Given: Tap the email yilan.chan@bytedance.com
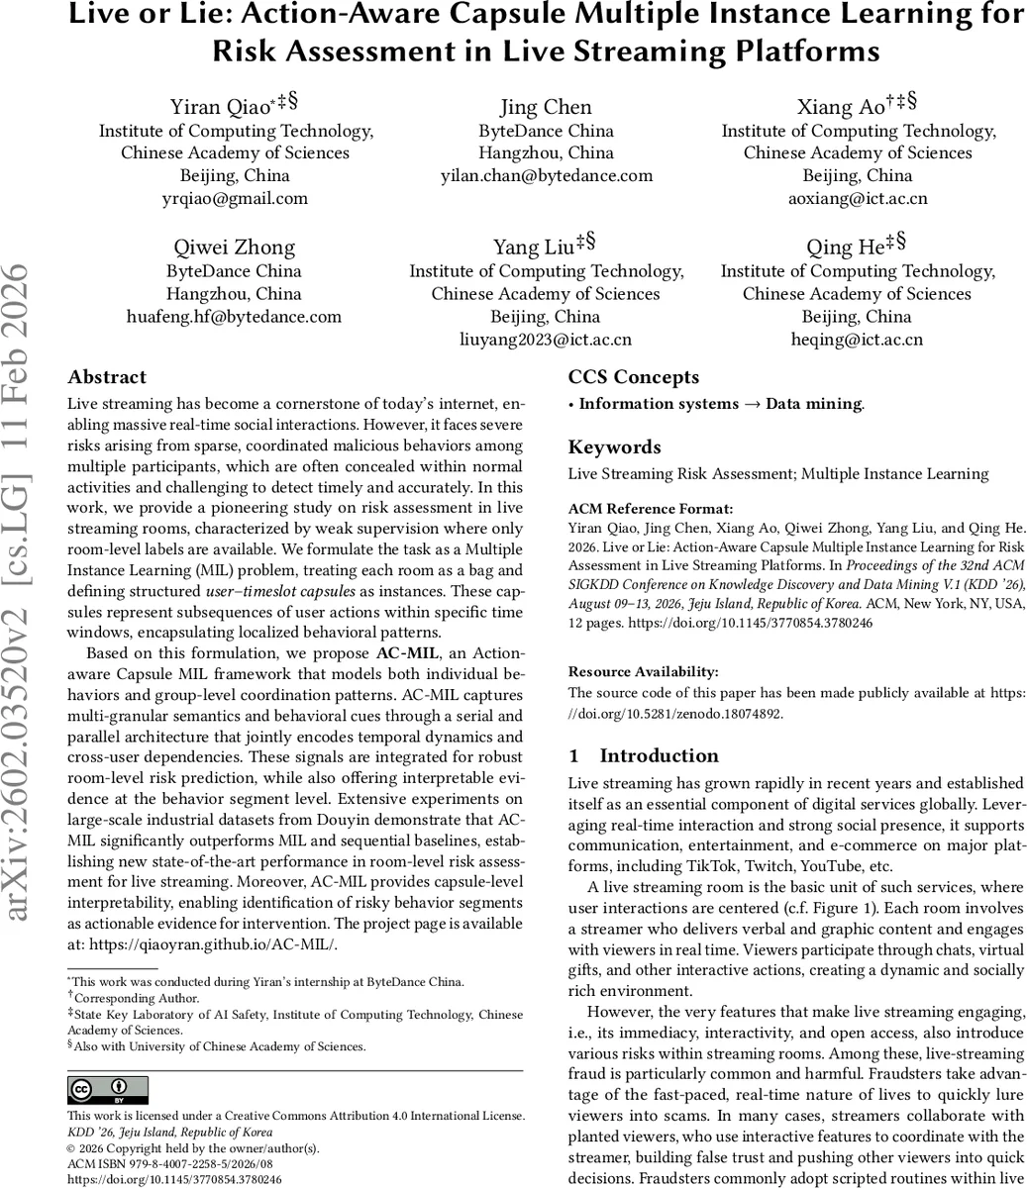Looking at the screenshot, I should (546, 175).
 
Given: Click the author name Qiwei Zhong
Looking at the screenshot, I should (234, 247).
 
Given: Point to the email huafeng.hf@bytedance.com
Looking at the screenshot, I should (234, 317).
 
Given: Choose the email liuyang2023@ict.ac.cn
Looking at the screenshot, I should (546, 340).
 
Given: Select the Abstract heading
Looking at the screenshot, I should (107, 377).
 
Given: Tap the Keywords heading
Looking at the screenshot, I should (614, 447).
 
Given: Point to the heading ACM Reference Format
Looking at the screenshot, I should (638, 508).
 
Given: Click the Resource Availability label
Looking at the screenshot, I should (643, 671).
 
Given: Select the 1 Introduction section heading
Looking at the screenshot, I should (644, 756).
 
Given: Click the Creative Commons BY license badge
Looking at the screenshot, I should (107, 1090).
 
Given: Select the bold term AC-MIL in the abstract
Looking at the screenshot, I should (403, 654).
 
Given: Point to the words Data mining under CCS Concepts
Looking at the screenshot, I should (813, 404).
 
